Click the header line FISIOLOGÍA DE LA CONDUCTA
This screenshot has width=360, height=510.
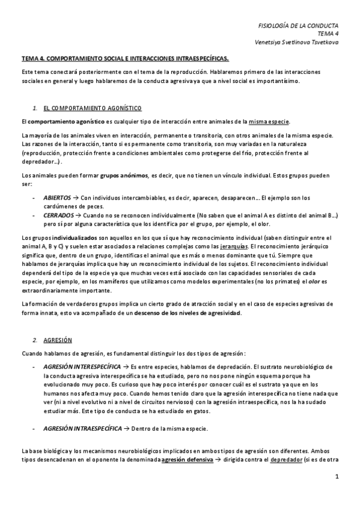coord(297,26)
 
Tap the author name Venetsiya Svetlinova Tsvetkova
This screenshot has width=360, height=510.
coord(297,43)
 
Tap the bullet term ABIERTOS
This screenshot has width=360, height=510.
coord(56,197)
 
